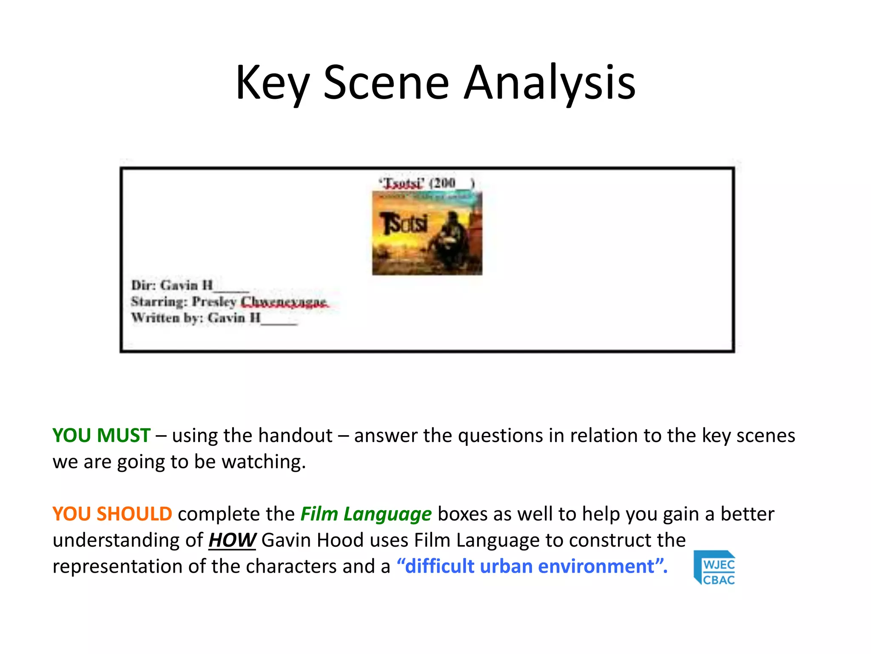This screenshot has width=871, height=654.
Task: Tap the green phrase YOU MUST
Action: (101, 436)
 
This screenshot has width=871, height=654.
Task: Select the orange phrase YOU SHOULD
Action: (112, 514)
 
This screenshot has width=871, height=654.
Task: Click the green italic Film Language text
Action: (366, 514)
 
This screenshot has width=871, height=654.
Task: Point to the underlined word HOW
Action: (232, 540)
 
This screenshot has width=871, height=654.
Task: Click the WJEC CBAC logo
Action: (714, 567)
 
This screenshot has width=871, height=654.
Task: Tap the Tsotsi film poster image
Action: (427, 233)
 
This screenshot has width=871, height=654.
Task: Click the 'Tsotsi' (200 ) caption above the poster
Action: (427, 183)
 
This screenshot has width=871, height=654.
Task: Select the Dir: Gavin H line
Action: (189, 285)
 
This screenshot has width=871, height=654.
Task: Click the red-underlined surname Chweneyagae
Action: (284, 302)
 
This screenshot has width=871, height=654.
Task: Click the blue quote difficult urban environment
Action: (532, 567)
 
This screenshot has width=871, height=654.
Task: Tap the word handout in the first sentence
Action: (295, 436)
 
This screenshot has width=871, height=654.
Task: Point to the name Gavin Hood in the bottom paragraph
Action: (313, 540)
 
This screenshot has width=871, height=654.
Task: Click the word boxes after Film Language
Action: (462, 514)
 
